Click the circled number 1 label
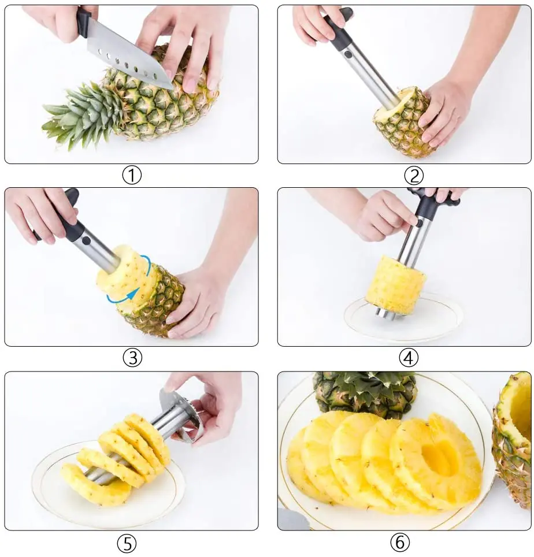132,175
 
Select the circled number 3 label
132,358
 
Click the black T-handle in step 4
431,202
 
